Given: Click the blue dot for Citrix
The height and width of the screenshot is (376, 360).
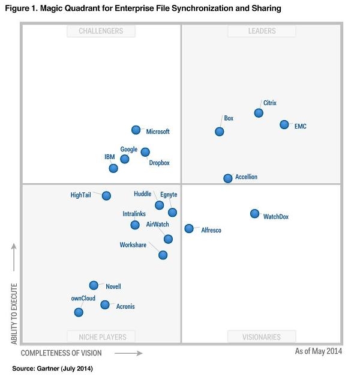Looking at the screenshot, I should coord(259,113).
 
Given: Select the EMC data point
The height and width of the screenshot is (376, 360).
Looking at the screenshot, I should coord(284,125).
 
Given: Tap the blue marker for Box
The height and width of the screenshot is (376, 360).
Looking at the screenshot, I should coord(220,132).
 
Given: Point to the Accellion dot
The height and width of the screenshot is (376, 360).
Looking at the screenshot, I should coord(228,178).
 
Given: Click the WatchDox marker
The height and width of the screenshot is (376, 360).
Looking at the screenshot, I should coord(254,214).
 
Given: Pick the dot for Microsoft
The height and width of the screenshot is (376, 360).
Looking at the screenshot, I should coord(136,130).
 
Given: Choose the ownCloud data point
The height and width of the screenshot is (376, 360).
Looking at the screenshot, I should coord(79,312).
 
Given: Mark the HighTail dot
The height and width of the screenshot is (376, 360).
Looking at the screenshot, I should coord(106,196).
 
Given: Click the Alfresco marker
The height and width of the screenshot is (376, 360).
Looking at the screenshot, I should coord(189,228).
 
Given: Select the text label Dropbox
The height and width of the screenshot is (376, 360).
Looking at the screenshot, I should coord(159,163).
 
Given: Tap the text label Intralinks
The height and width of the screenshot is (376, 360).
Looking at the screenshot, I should coord(135,214).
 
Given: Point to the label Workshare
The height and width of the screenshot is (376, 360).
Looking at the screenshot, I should coord(133,245).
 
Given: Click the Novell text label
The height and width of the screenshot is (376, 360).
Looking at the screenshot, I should coord(113,287).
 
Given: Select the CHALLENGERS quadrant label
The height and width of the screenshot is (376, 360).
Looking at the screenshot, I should coord(101,31).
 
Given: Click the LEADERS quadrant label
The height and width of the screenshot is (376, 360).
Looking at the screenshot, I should coord(262,31).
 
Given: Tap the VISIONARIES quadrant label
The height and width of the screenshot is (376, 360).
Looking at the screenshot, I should coord(262,337).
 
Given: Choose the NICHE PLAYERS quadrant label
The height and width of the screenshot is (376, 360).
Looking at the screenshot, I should coord(101,337).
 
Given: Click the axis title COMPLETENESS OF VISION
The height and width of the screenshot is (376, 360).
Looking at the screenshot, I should coord(61,353).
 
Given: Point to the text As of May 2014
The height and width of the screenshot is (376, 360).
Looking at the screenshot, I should coord(319,351).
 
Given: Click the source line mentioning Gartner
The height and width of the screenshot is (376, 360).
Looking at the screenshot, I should coord(53,368).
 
